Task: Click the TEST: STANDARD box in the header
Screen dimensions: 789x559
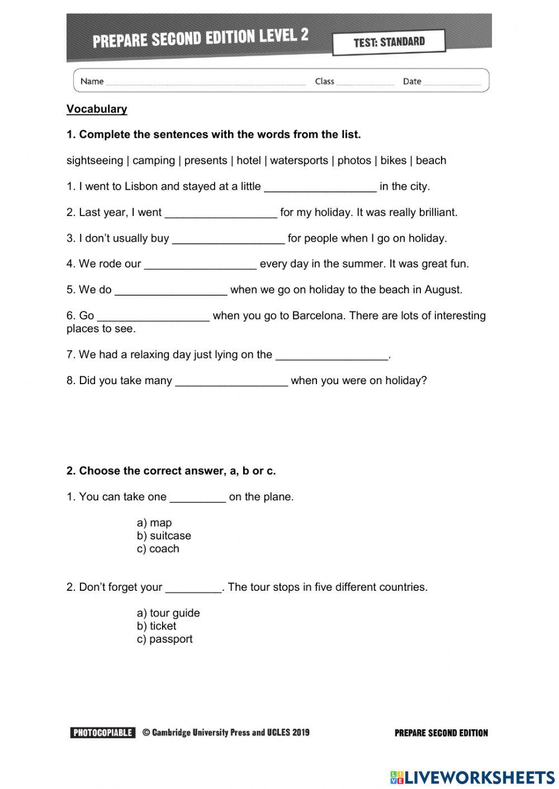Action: point(389,42)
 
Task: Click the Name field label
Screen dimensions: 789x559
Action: point(92,82)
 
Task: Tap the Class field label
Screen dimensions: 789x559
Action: point(324,82)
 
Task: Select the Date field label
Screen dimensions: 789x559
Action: point(412,82)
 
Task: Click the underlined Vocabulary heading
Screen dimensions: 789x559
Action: point(97,109)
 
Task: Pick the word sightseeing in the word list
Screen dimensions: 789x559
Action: point(94,161)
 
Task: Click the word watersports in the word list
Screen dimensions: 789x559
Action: point(299,161)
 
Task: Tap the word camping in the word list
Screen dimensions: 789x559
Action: point(154,161)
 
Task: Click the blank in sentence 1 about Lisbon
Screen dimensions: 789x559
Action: point(320,187)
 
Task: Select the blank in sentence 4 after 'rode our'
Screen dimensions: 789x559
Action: point(200,264)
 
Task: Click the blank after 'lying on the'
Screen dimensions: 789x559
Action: point(332,355)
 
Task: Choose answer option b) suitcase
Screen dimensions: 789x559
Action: point(164,536)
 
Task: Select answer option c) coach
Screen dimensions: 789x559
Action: point(158,549)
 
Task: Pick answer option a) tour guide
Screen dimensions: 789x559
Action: point(168,613)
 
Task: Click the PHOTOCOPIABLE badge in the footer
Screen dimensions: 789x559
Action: point(103,733)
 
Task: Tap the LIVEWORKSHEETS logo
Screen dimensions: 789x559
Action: point(472,777)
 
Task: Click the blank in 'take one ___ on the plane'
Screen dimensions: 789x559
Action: point(198,498)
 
